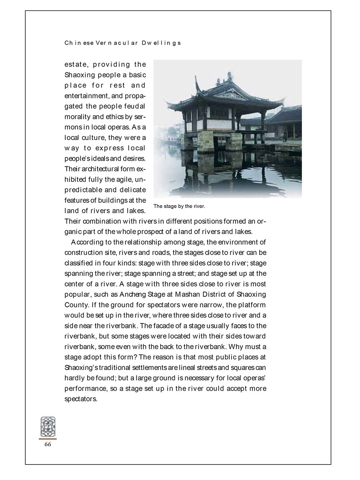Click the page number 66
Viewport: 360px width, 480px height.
(48, 445)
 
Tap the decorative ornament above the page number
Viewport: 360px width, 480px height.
(48, 426)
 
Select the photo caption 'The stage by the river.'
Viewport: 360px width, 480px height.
(179, 206)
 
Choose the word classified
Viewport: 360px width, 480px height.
(79, 263)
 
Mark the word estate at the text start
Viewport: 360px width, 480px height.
(75, 64)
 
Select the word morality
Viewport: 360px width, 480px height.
(76, 116)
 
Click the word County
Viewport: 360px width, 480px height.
(75, 305)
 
